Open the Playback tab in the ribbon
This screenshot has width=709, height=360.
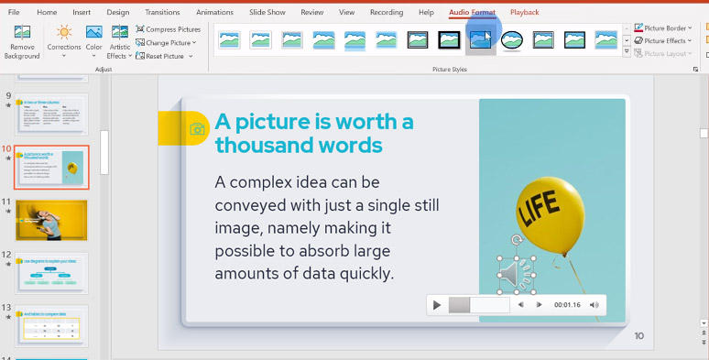click(x=524, y=12)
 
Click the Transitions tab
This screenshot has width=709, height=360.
click(x=162, y=12)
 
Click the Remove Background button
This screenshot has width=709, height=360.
click(x=22, y=42)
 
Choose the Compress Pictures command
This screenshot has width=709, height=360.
click(x=168, y=29)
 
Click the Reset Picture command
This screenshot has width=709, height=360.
click(x=164, y=56)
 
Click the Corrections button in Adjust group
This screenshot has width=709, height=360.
click(x=64, y=42)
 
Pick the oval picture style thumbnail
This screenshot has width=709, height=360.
click(x=512, y=39)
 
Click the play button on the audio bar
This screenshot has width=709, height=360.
click(x=438, y=305)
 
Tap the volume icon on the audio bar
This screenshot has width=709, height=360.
click(x=594, y=305)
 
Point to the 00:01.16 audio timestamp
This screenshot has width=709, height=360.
click(x=567, y=305)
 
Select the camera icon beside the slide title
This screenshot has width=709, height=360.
click(x=197, y=129)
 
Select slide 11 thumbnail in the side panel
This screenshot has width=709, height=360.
click(x=52, y=220)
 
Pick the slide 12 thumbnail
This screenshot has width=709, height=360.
click(x=52, y=272)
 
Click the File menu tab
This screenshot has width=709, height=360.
click(x=14, y=12)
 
